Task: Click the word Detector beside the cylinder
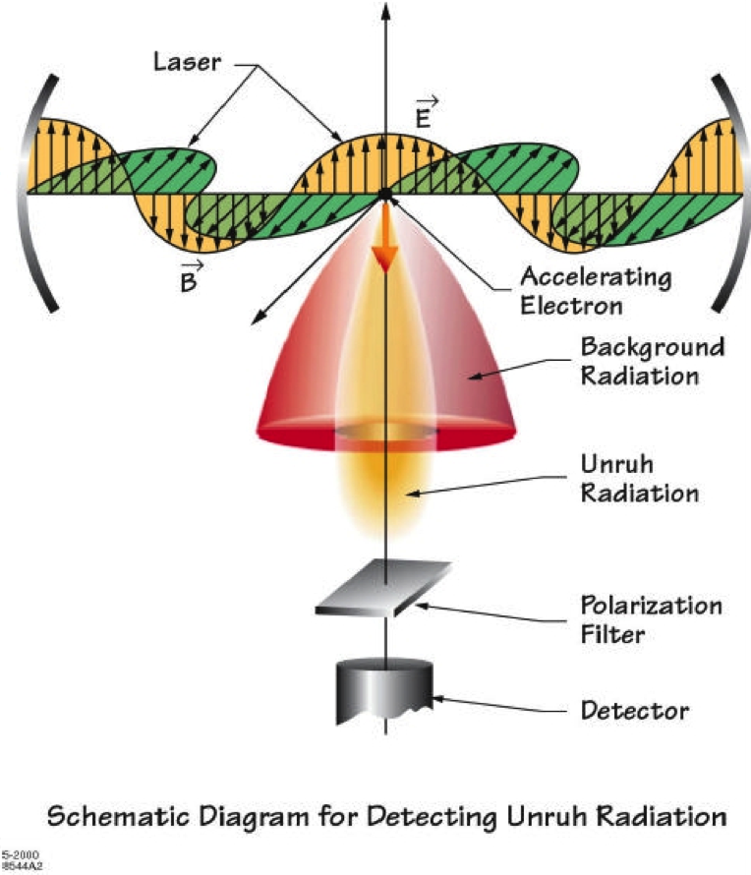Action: (634, 709)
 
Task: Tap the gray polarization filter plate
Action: (384, 589)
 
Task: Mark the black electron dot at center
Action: (384, 194)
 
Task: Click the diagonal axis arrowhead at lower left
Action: (259, 317)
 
